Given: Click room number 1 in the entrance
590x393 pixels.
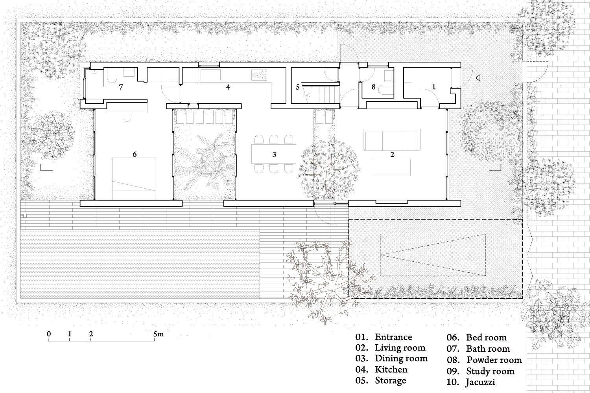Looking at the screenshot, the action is tap(434, 86).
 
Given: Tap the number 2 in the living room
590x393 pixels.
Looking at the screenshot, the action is tap(392, 154).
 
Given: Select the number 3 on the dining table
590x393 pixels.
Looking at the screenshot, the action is tap(274, 154).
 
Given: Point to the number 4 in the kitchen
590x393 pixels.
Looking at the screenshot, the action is tap(228, 87).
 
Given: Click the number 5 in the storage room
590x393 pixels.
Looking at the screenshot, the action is tap(298, 87).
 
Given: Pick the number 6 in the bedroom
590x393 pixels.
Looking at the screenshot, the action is tap(135, 154).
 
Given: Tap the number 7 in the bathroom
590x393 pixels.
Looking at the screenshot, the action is tap(121, 87).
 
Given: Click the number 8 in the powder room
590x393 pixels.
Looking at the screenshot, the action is tap(373, 87).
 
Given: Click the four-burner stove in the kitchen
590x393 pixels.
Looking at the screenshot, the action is tap(259, 75).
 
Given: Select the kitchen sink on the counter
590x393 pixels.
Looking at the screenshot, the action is tap(210, 75).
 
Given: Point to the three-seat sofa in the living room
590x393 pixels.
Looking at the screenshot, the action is tap(392, 140).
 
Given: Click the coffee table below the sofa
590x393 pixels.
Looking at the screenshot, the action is tap(392, 167).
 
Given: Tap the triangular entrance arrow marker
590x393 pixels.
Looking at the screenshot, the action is tap(478, 78).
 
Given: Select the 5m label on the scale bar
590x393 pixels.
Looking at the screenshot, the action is tap(159, 334).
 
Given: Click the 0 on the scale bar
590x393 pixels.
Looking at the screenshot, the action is tap(49, 334).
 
